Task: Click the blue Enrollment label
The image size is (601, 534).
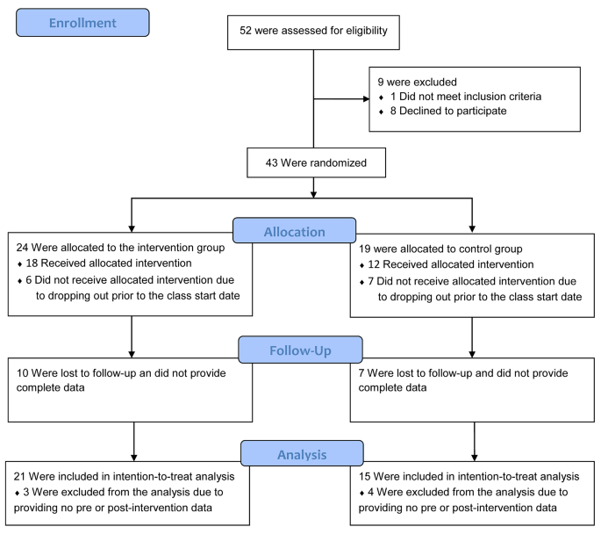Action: [x=82, y=23]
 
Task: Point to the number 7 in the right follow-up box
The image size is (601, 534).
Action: [x=362, y=373]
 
